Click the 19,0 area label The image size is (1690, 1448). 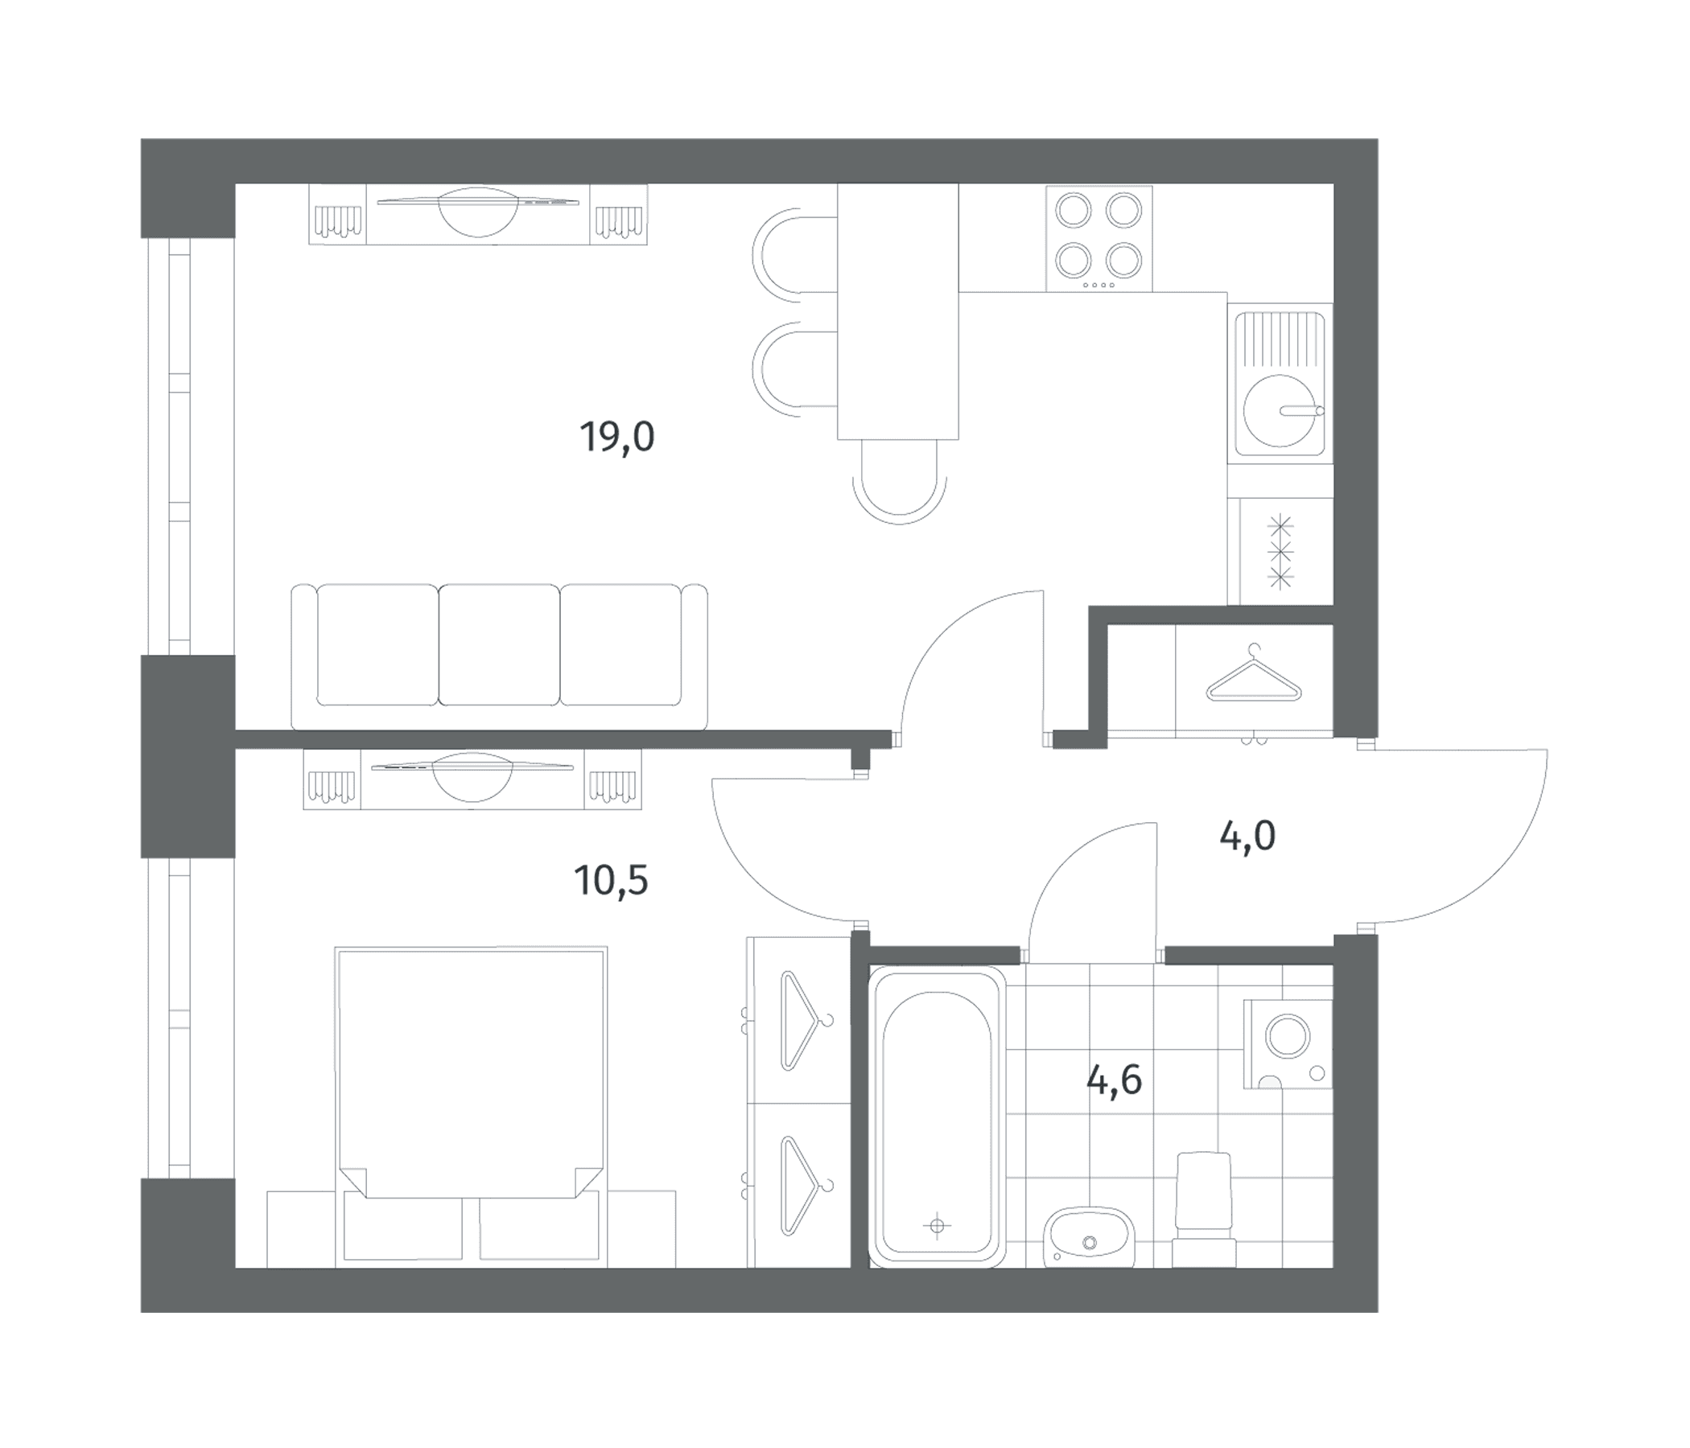pos(616,438)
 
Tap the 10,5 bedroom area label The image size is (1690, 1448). pos(611,881)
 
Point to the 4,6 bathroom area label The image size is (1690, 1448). pos(1114,1081)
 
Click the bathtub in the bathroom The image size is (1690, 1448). pos(938,1118)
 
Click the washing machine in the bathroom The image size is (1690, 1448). pos(1288,1044)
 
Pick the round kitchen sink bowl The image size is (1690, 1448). pos(1280,411)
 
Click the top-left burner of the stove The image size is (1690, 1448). pos(1074,210)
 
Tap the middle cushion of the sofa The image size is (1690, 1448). pos(499,644)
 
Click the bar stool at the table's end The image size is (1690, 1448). pos(900,482)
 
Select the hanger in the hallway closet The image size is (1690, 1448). pos(1254,674)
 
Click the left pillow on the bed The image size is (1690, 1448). pos(403,1228)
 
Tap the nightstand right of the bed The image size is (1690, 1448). pos(641,1228)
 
